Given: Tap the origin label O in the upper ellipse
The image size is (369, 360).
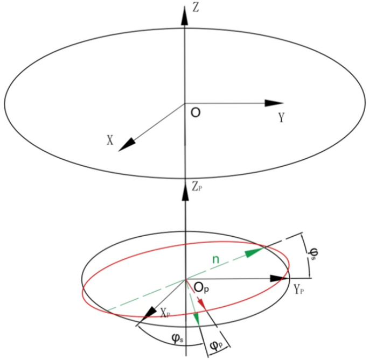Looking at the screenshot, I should coord(196,114).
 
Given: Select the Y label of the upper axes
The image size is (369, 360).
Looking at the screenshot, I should coord(281,118).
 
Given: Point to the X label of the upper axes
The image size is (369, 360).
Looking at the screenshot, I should coord(110,140).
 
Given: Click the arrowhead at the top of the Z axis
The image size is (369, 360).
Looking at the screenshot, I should coord(185,16).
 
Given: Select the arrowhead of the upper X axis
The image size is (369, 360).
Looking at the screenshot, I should coord(126,143).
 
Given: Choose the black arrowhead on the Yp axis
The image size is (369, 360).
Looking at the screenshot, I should coord(277,278).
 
